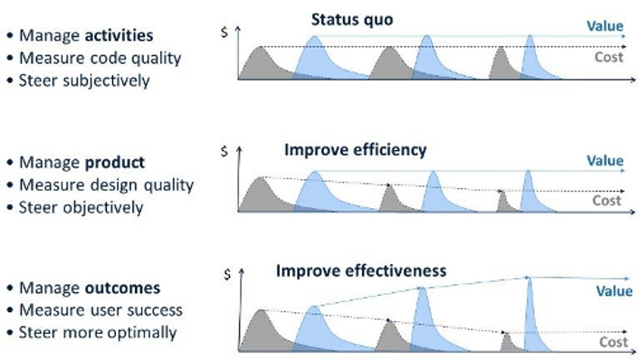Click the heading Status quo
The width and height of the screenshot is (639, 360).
pyautogui.click(x=352, y=19)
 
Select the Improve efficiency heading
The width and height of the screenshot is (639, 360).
pyautogui.click(x=355, y=149)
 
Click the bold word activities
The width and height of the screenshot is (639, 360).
pyautogui.click(x=120, y=36)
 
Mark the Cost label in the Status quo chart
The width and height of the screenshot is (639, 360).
pyautogui.click(x=608, y=56)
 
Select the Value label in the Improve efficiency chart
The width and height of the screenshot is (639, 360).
pyautogui.click(x=605, y=161)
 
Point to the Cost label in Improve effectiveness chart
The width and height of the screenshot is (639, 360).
pyautogui.click(x=613, y=343)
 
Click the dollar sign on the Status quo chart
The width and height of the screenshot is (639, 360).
pyautogui.click(x=224, y=32)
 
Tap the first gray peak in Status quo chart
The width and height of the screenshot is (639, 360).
pyautogui.click(x=261, y=63)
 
